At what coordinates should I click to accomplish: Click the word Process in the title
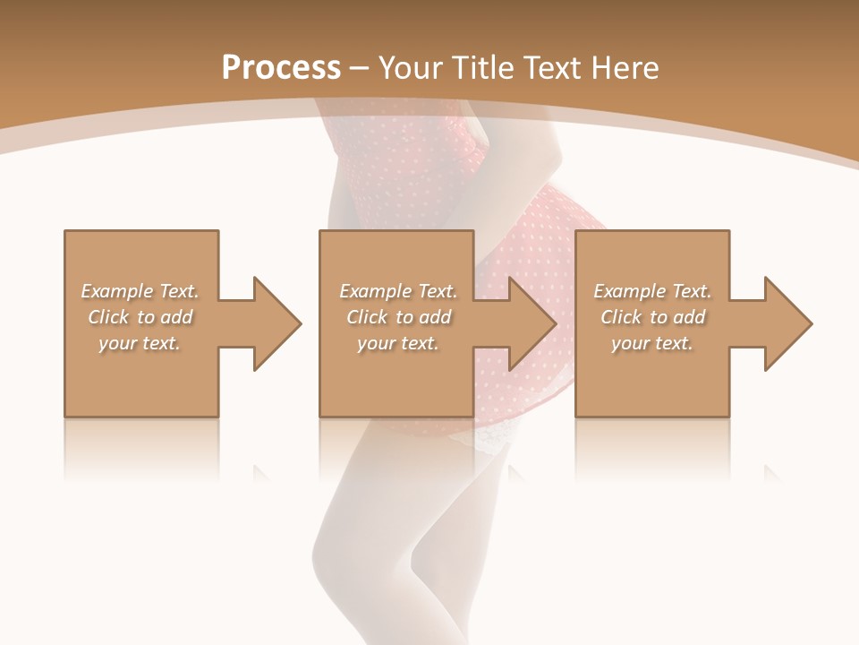281,68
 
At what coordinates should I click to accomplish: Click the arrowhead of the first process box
277,323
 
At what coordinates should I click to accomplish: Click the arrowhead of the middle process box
532,323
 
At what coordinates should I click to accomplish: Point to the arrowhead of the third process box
788,323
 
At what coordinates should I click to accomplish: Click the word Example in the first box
116,291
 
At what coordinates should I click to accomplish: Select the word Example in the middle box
375,291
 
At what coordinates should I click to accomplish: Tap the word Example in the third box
629,291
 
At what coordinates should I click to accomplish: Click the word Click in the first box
108,317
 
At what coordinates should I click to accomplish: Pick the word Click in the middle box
367,317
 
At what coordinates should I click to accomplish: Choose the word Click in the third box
621,317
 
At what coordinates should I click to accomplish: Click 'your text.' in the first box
140,343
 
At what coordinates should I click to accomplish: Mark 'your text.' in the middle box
397,343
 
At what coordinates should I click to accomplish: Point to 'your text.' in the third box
651,343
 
